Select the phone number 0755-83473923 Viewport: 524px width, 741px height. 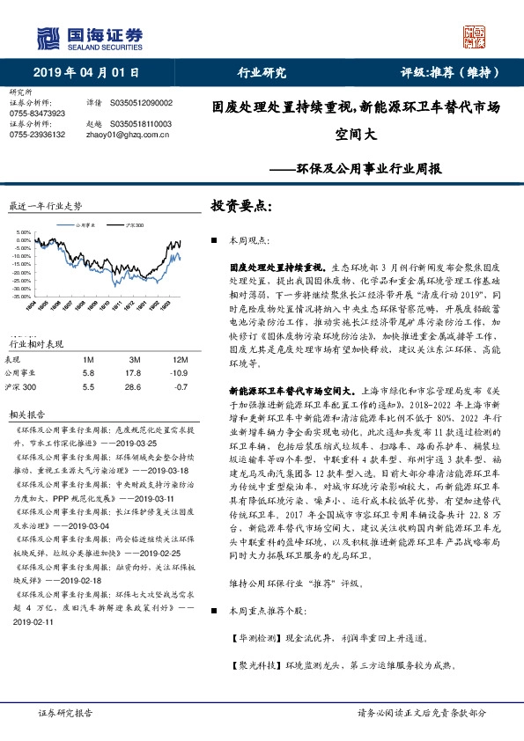point(37,114)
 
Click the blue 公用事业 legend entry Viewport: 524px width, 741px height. point(86,226)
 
